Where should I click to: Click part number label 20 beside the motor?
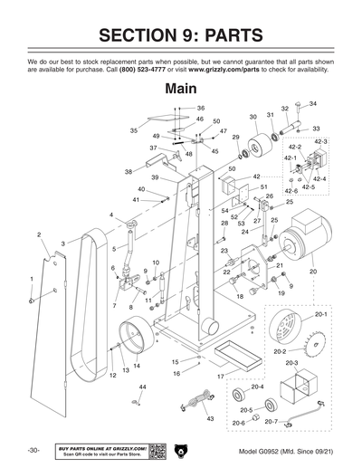[x=313, y=271]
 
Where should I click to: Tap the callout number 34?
[x=313, y=104]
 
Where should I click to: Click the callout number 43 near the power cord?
[x=210, y=419]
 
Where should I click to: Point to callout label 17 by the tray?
[x=219, y=376]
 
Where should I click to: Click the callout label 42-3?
[x=320, y=143]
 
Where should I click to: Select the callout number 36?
[x=201, y=108]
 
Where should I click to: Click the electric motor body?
[x=303, y=242]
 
